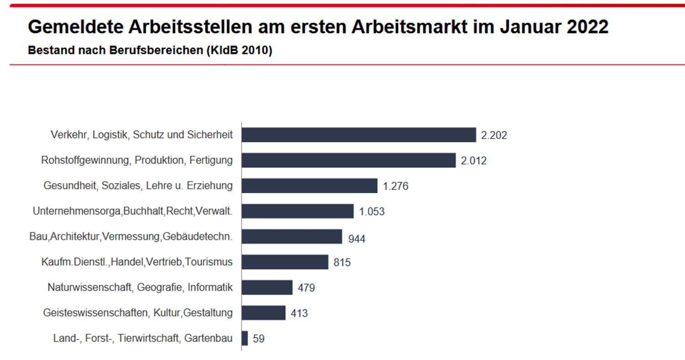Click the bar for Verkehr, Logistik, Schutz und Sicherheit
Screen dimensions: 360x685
(x=358, y=135)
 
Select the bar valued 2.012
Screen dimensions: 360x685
(x=348, y=160)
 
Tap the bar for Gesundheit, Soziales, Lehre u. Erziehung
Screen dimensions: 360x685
(x=309, y=186)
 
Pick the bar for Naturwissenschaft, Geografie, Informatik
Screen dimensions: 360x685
(x=267, y=287)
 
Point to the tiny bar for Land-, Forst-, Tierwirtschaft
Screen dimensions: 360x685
(x=245, y=339)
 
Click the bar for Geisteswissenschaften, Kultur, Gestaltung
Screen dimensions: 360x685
(x=263, y=313)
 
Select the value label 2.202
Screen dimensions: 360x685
(x=494, y=135)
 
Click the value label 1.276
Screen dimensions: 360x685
(x=395, y=186)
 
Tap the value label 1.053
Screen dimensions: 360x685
(x=372, y=212)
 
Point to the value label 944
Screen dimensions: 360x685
(x=357, y=238)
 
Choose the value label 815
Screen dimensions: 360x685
(x=342, y=263)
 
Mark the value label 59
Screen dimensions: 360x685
(x=258, y=339)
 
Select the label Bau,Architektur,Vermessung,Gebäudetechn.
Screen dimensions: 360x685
(x=131, y=237)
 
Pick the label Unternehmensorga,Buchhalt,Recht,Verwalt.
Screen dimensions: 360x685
(x=133, y=212)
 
